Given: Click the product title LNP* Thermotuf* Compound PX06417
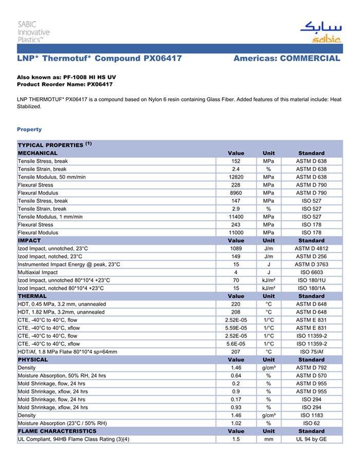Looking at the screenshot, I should pyautogui.click(x=99, y=59).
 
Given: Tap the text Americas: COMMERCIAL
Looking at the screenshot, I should pyautogui.click(x=286, y=59).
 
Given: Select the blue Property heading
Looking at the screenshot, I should pyautogui.click(x=29, y=130).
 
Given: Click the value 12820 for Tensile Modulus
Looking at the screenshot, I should pyautogui.click(x=236, y=177).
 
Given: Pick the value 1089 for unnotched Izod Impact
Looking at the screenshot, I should pyautogui.click(x=236, y=248).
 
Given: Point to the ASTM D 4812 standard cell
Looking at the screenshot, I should pyautogui.click(x=311, y=248).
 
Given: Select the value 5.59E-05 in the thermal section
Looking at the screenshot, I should pyautogui.click(x=236, y=328).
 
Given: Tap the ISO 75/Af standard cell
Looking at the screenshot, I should pyautogui.click(x=311, y=352).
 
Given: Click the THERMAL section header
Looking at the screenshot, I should pyautogui.click(x=32, y=296).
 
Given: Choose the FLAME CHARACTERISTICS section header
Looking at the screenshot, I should pyautogui.click(x=57, y=431).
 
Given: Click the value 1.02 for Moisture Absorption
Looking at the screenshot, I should pyautogui.click(x=236, y=423).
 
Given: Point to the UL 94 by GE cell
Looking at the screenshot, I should pyautogui.click(x=311, y=439).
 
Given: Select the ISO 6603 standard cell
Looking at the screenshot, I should pyautogui.click(x=311, y=272).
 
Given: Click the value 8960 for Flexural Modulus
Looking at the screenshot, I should pyautogui.click(x=236, y=193).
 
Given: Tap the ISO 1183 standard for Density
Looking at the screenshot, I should pyautogui.click(x=311, y=415).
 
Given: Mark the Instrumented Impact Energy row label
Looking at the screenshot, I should pyautogui.click(x=69, y=264).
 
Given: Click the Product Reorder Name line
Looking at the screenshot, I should pyautogui.click(x=65, y=84).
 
